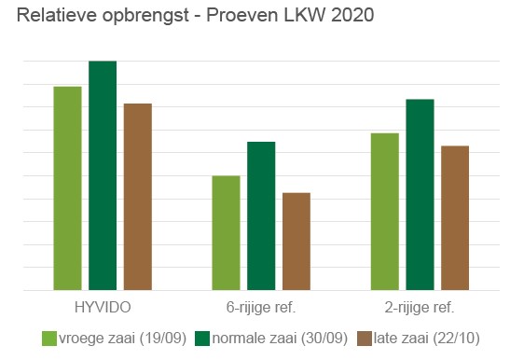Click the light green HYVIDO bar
(x=68, y=188)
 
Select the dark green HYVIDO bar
(x=103, y=175)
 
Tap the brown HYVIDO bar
(x=138, y=197)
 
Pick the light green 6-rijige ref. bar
(x=226, y=233)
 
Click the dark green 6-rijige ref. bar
(x=261, y=215)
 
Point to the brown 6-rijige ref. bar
(x=296, y=242)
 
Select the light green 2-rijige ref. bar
(x=385, y=212)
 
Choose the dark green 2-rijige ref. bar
(x=420, y=195)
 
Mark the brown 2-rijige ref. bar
(x=455, y=217)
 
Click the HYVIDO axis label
(x=103, y=307)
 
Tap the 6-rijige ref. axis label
(x=261, y=308)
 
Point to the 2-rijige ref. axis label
(x=420, y=308)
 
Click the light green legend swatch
(x=49, y=339)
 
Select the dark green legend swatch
(x=202, y=339)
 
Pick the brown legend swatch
(x=364, y=339)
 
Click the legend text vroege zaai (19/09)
(x=123, y=339)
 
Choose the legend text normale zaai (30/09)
(x=280, y=339)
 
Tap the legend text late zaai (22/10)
(x=427, y=339)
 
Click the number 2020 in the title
(x=352, y=15)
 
